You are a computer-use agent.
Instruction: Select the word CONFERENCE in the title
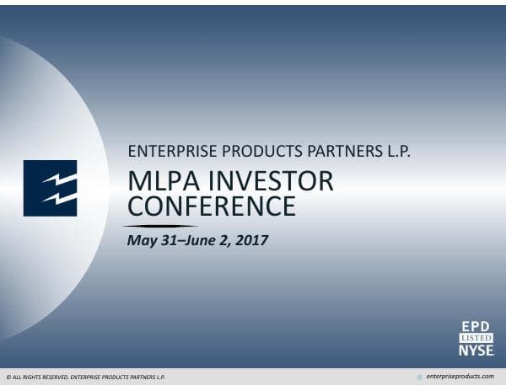[211, 206]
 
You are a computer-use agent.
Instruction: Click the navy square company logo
[50, 188]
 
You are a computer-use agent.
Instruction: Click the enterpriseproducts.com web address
[461, 376]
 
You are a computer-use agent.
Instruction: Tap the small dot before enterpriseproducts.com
[420, 377]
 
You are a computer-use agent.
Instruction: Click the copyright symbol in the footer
[8, 377]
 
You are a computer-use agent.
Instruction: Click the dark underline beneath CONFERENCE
[160, 226]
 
